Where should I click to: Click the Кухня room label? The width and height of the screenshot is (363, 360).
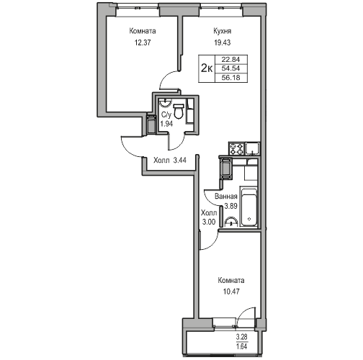[223, 31]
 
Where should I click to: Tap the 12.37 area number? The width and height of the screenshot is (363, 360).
[143, 42]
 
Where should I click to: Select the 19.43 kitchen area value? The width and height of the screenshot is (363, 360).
[223, 42]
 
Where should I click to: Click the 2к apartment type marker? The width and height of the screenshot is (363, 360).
[207, 69]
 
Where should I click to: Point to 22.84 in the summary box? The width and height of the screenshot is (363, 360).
[230, 59]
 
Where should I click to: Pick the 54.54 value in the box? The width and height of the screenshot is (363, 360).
[230, 68]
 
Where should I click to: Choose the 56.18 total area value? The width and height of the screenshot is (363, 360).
[230, 78]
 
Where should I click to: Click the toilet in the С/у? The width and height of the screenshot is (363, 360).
[179, 111]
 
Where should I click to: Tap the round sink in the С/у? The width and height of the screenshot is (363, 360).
[165, 103]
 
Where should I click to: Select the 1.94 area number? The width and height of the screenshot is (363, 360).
[166, 124]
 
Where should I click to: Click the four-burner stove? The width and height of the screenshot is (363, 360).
[237, 148]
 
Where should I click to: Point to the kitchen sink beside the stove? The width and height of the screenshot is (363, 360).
[252, 148]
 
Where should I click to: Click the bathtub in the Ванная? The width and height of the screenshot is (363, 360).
[249, 207]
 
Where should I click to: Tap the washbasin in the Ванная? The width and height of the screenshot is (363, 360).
[231, 222]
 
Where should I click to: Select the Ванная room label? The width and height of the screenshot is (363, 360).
[226, 197]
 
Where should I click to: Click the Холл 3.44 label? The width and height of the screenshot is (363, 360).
[170, 160]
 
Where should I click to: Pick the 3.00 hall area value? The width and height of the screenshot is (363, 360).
[209, 222]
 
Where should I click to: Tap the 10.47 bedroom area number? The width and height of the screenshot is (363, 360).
[231, 292]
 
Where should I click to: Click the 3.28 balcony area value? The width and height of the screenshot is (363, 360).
[242, 337]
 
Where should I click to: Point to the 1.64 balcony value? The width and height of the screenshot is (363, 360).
[242, 346]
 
